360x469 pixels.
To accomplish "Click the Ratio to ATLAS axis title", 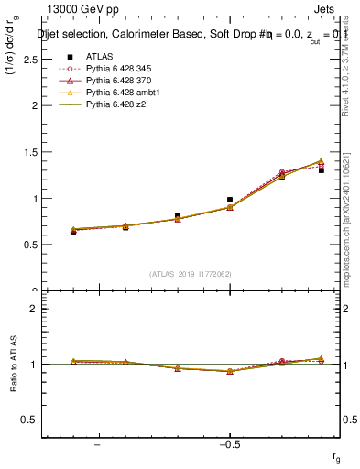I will (13, 365).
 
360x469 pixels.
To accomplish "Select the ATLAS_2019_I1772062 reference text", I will (190, 274).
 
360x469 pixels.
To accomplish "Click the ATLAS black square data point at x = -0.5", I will (230, 200).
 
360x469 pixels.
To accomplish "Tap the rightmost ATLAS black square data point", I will (321, 170).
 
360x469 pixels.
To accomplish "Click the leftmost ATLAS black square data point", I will (73, 231).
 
